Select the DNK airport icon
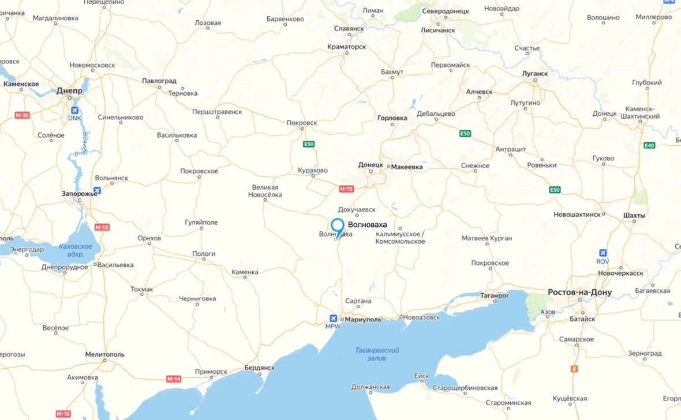pos(74,110)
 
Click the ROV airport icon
pos(603,253)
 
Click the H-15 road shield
pos(346,188)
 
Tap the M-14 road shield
pos(174,379)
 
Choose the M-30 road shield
pos(22,115)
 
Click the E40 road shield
pos(649,145)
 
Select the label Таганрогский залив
pos(378,354)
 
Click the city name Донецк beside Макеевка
pos(371,165)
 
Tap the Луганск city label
pos(534,74)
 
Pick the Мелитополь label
pos(104,354)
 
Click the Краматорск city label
pos(346,47)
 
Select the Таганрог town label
pos(495,295)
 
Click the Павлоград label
pos(159,81)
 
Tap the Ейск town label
pos(421,376)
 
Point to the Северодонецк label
pos(445,12)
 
